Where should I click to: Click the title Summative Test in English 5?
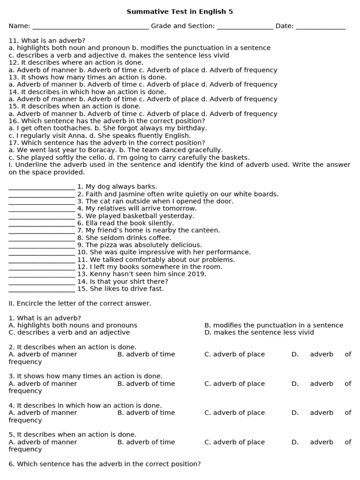[180, 12]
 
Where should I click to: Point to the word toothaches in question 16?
[60, 128]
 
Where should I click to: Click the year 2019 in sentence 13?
[197, 274]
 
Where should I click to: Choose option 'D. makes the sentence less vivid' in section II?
[259, 333]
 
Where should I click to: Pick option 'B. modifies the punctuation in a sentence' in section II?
[274, 325]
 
